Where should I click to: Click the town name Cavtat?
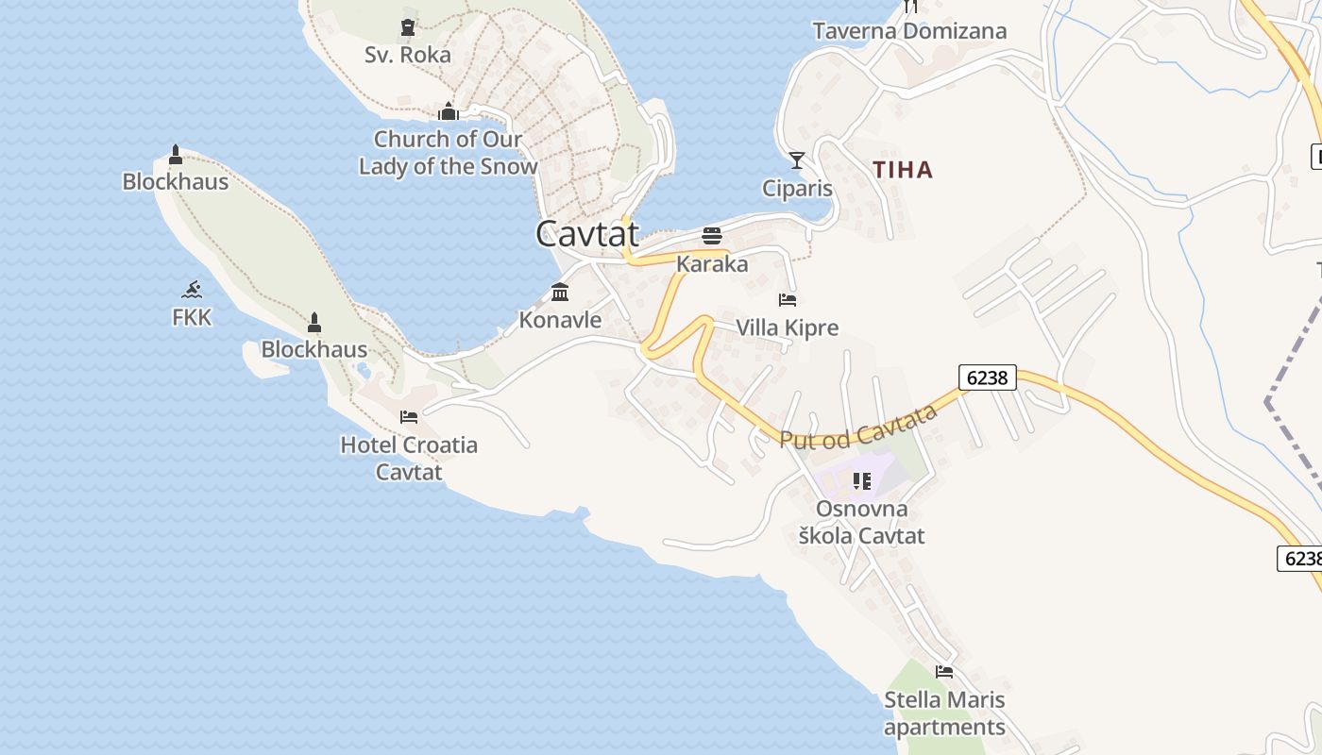click(x=587, y=233)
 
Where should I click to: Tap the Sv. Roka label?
click(x=408, y=55)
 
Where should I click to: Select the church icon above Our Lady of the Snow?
click(x=449, y=112)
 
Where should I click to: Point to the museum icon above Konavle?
click(x=560, y=292)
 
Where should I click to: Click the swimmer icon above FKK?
click(x=193, y=289)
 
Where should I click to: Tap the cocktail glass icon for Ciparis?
click(x=797, y=160)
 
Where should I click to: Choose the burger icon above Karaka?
click(x=712, y=236)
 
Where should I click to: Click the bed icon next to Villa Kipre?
click(x=788, y=300)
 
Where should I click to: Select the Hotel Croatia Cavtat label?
click(x=409, y=458)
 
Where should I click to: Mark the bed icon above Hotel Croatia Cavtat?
click(x=409, y=416)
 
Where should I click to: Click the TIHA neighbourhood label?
click(x=903, y=170)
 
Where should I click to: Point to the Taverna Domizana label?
click(x=909, y=31)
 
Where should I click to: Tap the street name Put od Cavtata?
click(x=858, y=427)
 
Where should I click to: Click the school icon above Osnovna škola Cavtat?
click(x=861, y=481)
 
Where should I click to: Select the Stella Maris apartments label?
click(x=944, y=713)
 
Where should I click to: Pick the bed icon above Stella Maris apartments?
click(x=944, y=672)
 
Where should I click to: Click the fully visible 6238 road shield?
click(x=988, y=377)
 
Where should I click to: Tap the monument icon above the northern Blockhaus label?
click(x=176, y=155)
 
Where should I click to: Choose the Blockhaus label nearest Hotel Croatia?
click(x=314, y=349)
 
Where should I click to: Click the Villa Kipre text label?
click(x=787, y=328)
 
